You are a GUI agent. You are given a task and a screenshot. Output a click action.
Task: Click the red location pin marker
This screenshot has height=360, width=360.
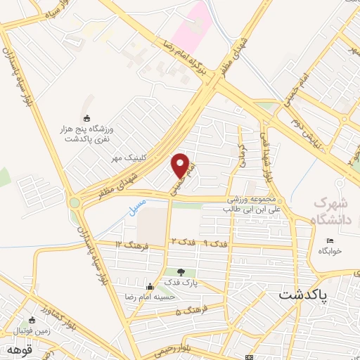coord(181,165)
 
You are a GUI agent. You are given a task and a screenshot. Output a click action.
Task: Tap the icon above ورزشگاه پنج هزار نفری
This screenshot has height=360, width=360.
coord(86,117)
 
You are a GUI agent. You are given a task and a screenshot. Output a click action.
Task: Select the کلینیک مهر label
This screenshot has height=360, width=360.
coord(128,159)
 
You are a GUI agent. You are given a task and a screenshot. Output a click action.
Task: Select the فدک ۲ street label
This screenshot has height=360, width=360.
coord(181,243)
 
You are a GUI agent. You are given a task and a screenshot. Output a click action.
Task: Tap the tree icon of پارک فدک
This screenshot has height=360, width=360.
coord(181,271)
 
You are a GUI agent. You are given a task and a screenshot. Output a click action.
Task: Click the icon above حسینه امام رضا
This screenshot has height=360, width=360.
coord(149,286)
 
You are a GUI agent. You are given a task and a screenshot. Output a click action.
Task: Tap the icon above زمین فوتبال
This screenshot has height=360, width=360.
coord(31,318)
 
